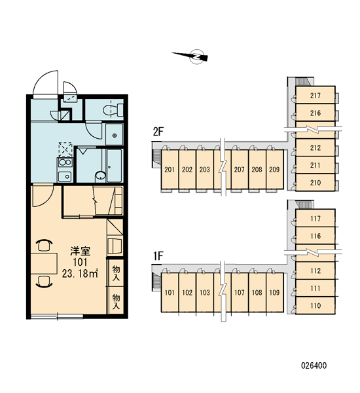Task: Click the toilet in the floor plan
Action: click(x=113, y=110)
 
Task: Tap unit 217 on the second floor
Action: click(x=315, y=95)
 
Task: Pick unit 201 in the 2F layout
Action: click(x=170, y=170)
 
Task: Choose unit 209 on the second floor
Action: click(x=274, y=170)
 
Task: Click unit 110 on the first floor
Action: click(x=315, y=305)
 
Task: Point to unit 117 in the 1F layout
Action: click(x=315, y=219)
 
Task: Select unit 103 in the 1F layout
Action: click(x=205, y=293)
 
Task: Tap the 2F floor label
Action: click(x=158, y=132)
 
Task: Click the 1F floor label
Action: click(x=158, y=256)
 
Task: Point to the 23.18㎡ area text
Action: click(x=80, y=274)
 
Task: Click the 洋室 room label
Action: click(x=80, y=251)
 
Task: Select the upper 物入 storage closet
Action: click(x=116, y=273)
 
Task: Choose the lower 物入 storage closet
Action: click(x=116, y=301)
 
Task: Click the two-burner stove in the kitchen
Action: click(x=65, y=162)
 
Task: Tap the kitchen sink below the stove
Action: click(x=65, y=176)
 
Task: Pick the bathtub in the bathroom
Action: click(x=114, y=166)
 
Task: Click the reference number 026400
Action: click(x=314, y=365)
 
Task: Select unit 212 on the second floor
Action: click(x=315, y=147)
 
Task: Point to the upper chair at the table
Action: click(x=44, y=245)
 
